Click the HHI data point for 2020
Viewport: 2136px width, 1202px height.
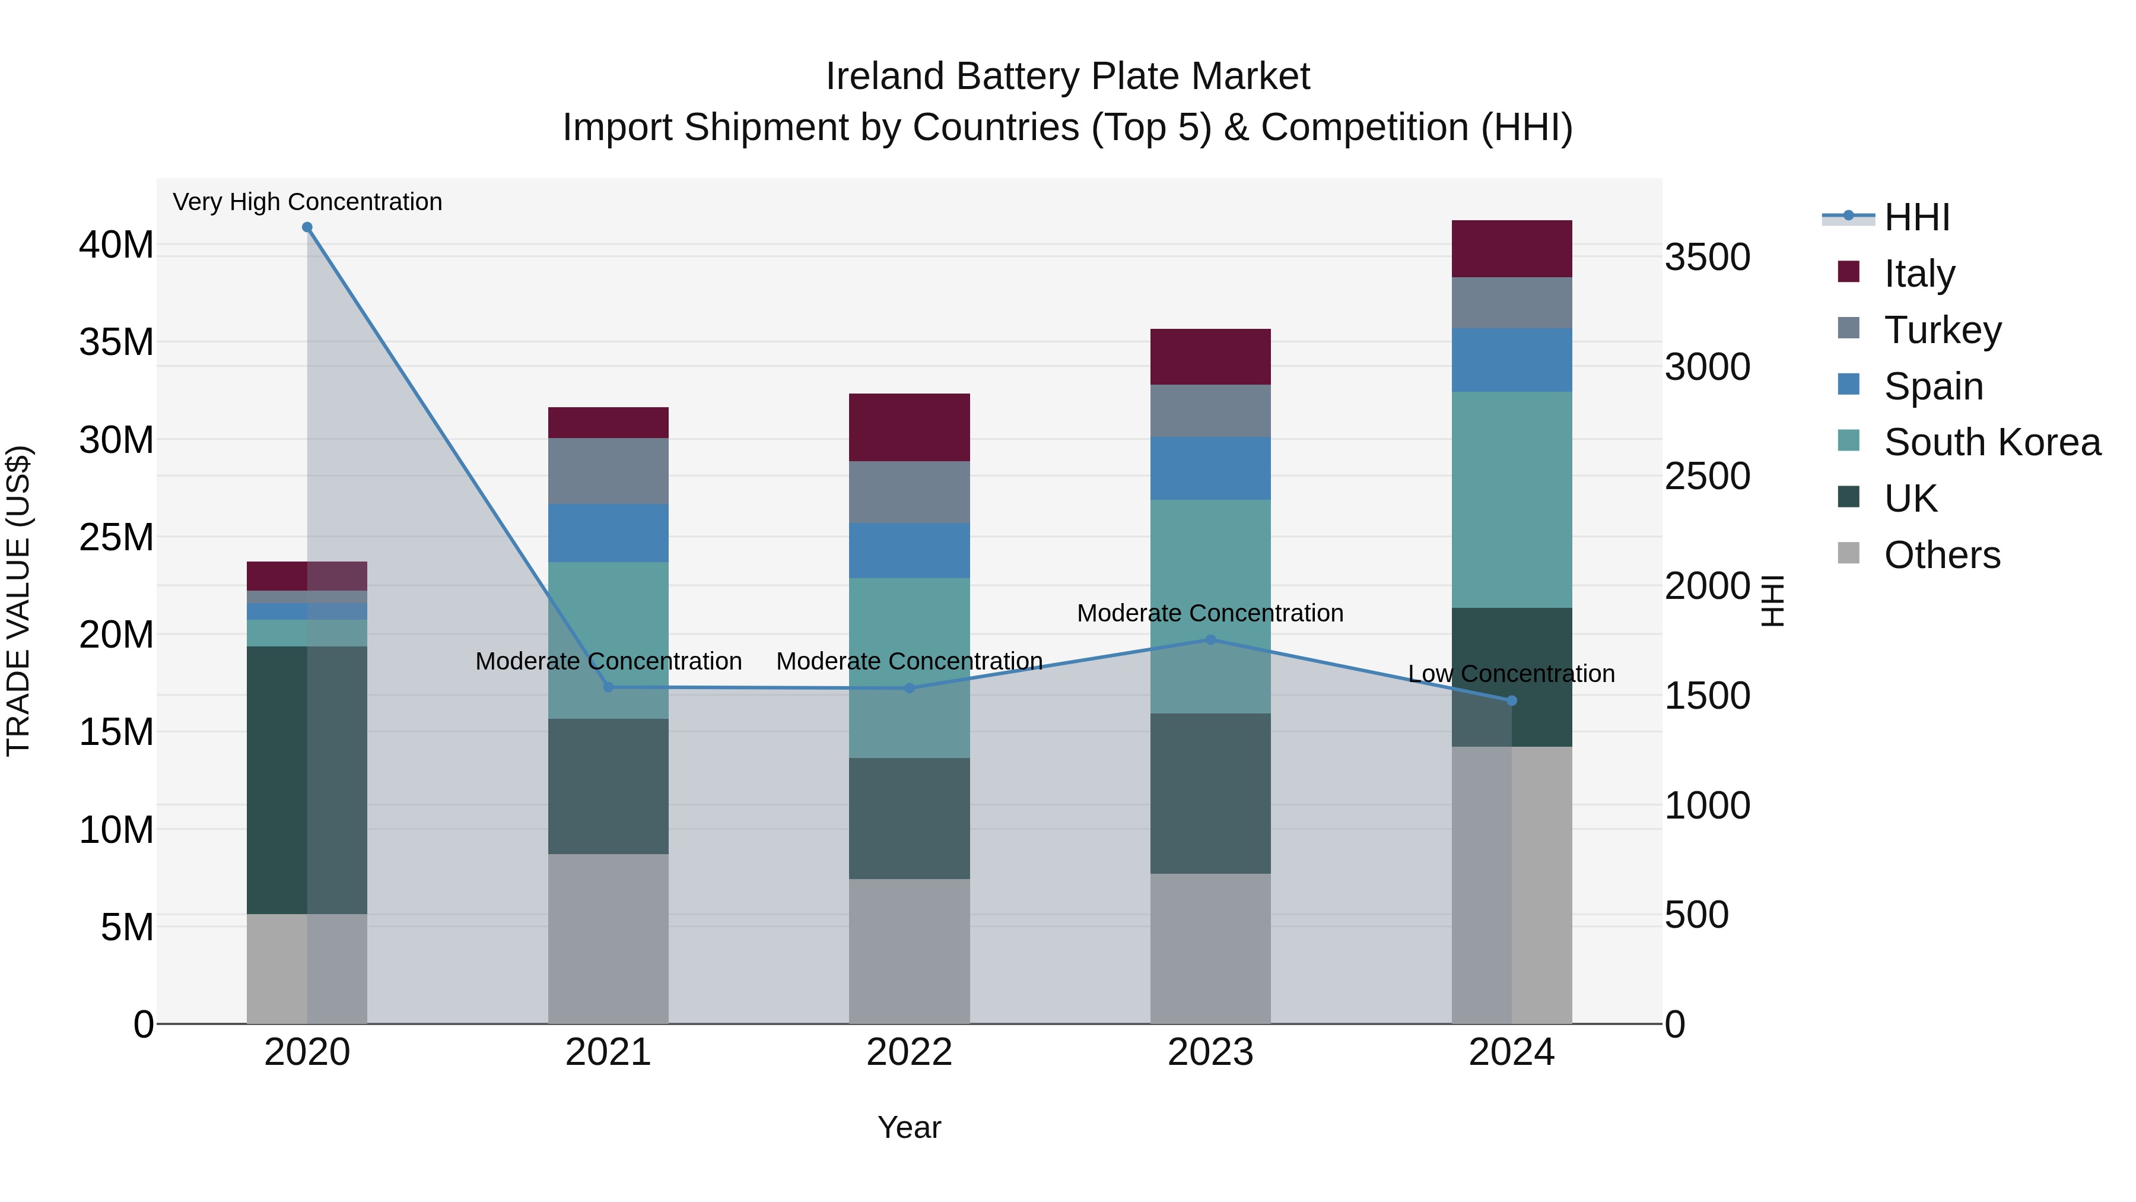click(307, 227)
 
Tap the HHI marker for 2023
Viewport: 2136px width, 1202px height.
click(1210, 639)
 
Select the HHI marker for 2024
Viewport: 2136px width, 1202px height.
click(1511, 701)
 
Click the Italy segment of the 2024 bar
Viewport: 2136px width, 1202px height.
click(1511, 249)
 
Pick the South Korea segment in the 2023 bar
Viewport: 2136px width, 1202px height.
click(1210, 605)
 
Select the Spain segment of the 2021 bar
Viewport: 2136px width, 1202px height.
click(608, 534)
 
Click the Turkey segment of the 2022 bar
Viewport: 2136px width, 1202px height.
click(909, 492)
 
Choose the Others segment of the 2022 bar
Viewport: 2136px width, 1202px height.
click(909, 951)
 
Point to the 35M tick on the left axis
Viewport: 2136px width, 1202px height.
click(116, 342)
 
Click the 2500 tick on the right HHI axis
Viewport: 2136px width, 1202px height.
click(1707, 476)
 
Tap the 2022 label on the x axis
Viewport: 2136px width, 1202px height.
click(909, 1052)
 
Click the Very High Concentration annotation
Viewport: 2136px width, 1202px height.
click(307, 202)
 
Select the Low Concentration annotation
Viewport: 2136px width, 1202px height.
click(1511, 674)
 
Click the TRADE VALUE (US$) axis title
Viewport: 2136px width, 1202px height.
click(18, 601)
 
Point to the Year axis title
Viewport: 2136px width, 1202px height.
click(909, 1127)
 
